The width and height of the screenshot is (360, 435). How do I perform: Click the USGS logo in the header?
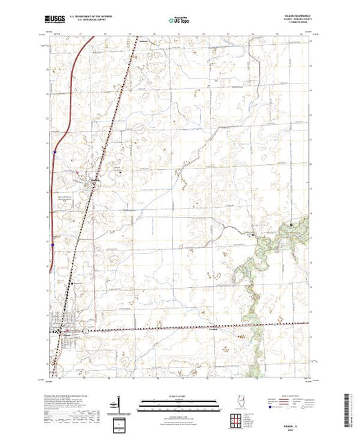[x=54, y=19]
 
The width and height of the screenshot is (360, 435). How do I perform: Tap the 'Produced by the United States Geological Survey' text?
[x=66, y=394]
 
